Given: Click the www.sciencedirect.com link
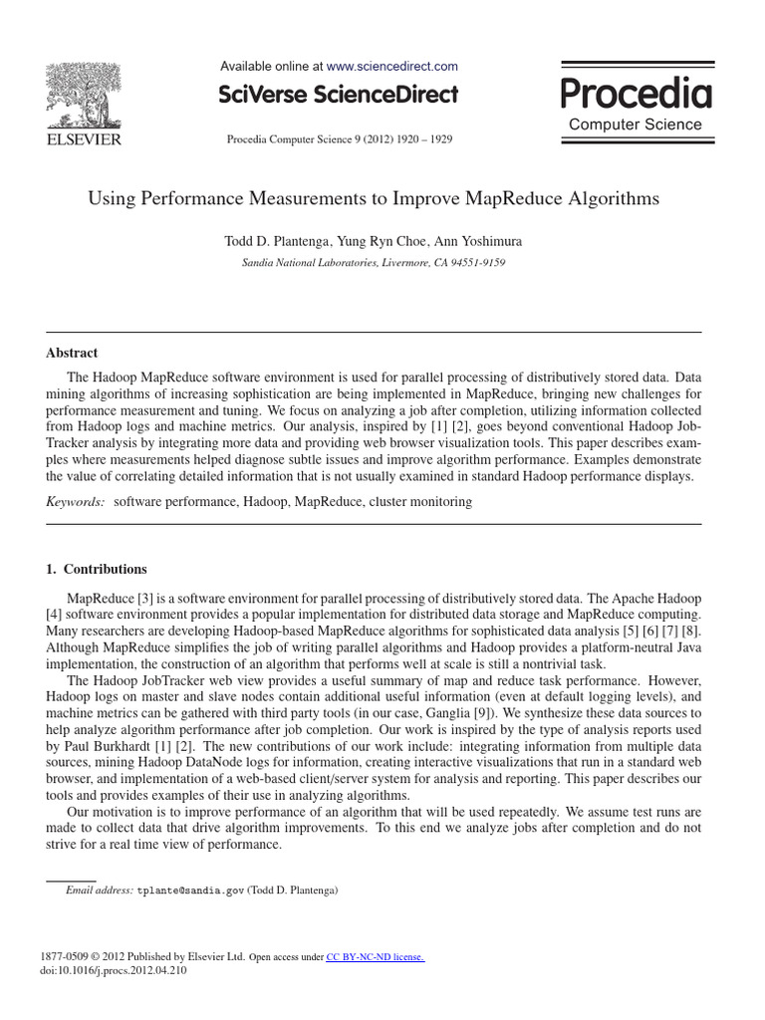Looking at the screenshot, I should [x=392, y=66].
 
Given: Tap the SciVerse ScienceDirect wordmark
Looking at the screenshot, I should [x=339, y=95].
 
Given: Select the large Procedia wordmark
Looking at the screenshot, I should [x=636, y=94].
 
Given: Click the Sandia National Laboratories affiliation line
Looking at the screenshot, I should [x=374, y=263].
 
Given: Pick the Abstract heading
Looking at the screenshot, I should [x=72, y=353].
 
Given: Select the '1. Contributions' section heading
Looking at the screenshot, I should [x=97, y=569].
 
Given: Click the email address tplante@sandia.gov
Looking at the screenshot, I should [x=189, y=891].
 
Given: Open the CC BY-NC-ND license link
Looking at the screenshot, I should [x=376, y=957].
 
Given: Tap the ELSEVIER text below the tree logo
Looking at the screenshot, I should [x=84, y=139].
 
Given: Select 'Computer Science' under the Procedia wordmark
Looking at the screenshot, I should [x=635, y=125].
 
